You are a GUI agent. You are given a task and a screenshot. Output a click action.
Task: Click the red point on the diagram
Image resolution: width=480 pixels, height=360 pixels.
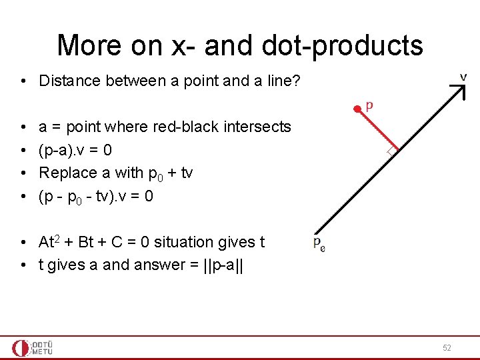357,106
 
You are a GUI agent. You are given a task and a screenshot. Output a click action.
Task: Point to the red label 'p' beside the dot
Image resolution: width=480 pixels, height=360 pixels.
370,105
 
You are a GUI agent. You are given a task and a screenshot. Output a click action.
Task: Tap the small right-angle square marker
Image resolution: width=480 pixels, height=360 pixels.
391,152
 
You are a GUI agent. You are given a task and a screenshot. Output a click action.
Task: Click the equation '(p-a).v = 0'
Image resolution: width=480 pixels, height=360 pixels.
80,150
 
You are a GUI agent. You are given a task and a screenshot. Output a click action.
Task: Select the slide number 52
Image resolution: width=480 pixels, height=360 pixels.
447,348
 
